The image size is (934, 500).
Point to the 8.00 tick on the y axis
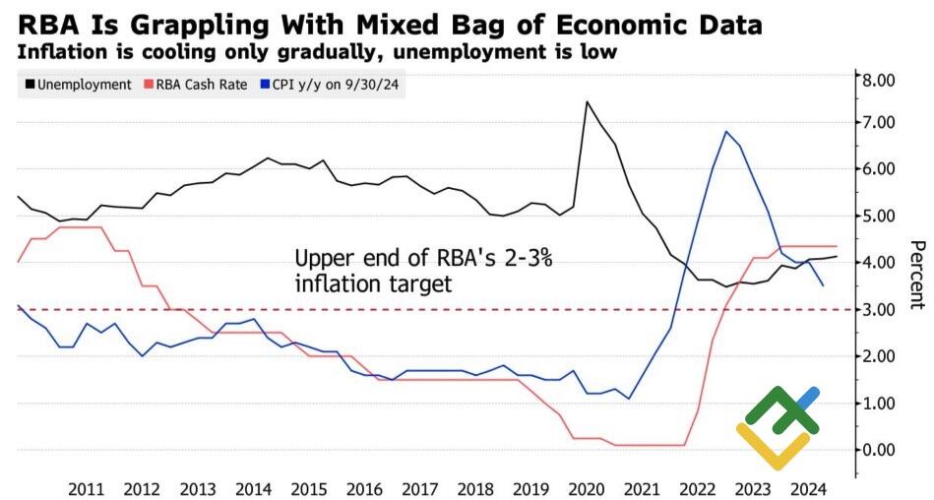click(x=878, y=79)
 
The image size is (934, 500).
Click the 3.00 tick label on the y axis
click(x=878, y=309)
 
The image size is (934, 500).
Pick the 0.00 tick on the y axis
click(x=878, y=450)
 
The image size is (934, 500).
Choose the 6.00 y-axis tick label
click(x=878, y=169)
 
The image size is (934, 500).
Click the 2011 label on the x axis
click(x=87, y=489)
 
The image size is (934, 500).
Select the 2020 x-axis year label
click(x=587, y=489)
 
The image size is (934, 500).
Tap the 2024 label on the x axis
click(x=809, y=489)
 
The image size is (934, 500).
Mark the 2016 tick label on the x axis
click(x=364, y=489)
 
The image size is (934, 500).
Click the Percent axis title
click(x=916, y=274)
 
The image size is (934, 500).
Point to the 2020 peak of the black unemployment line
click(x=588, y=100)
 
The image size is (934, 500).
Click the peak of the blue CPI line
click(x=725, y=131)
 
